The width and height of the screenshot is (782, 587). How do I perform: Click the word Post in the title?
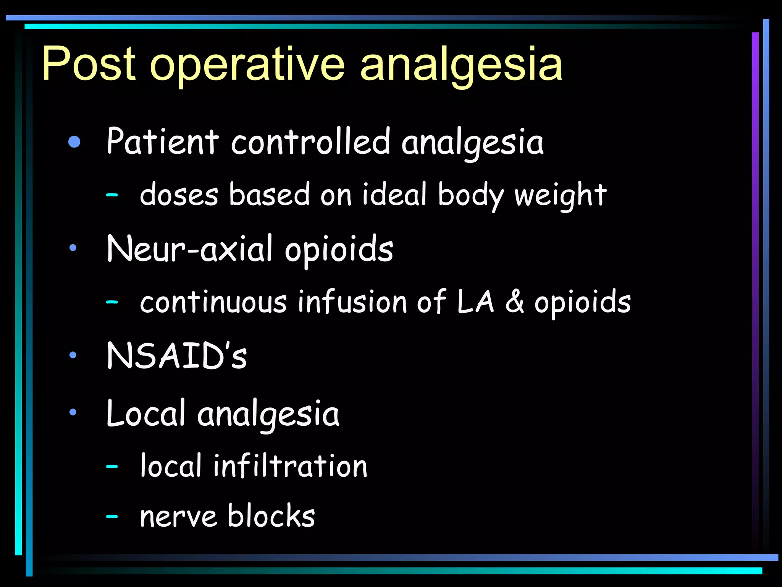tap(89, 64)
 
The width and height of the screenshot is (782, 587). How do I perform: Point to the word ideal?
tap(394, 194)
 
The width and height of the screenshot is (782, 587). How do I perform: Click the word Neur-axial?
tap(189, 249)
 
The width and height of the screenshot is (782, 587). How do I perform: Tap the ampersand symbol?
tap(514, 302)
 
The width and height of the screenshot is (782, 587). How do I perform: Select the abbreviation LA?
tap(476, 302)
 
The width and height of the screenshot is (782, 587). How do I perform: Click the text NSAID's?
tap(176, 356)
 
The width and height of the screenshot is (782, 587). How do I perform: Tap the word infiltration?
tap(290, 466)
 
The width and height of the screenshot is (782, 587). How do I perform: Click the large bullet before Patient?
tap(74, 142)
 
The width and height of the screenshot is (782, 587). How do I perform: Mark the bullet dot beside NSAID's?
tap(73, 355)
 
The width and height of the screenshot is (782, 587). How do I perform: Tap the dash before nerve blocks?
tap(112, 517)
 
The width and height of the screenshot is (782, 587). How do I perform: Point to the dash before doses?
tap(112, 195)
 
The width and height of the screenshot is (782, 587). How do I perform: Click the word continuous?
tap(213, 302)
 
